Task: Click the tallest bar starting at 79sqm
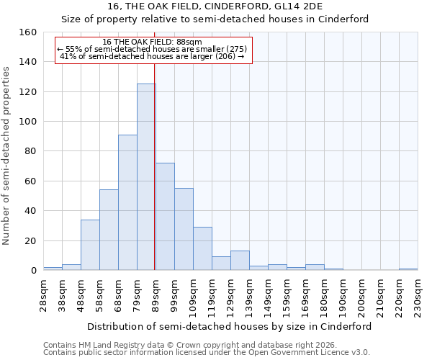tap(146, 177)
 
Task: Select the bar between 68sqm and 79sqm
tap(127, 202)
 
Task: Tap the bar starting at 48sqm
tap(90, 245)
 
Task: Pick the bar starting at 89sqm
tap(165, 217)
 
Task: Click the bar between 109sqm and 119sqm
tap(202, 248)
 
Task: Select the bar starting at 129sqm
tap(240, 261)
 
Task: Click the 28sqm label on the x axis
tap(43, 295)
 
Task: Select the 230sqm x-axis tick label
tap(418, 295)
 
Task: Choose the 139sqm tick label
tap(249, 295)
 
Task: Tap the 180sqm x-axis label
tap(324, 295)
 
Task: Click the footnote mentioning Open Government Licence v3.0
tap(207, 352)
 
